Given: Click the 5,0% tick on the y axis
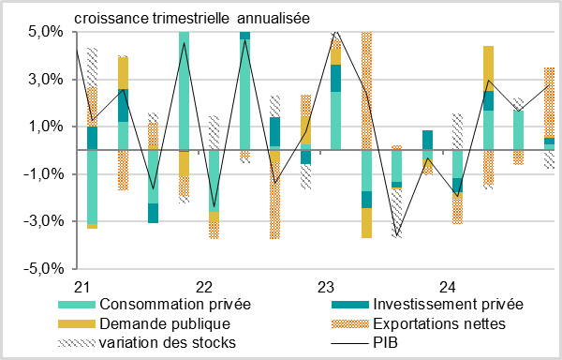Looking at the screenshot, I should point(46,32).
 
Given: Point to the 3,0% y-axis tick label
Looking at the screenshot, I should point(46,80).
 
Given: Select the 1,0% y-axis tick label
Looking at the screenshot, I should point(46,127).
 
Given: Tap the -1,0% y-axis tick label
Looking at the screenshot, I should point(44,174).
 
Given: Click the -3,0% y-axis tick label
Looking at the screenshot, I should point(44,221).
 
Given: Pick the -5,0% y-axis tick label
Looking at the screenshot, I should point(44,268).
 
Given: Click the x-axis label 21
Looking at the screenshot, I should point(81,285).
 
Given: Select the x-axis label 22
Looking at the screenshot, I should point(203,285).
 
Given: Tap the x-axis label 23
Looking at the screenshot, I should point(325,285).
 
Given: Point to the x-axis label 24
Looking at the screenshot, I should point(448,285).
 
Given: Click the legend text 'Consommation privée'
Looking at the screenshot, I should point(174,304).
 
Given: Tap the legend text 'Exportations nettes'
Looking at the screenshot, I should point(438,323).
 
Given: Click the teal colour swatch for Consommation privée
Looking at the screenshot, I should point(77,304).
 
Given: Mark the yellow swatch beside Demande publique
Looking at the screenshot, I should point(77,323).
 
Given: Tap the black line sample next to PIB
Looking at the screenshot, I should point(351,342).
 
